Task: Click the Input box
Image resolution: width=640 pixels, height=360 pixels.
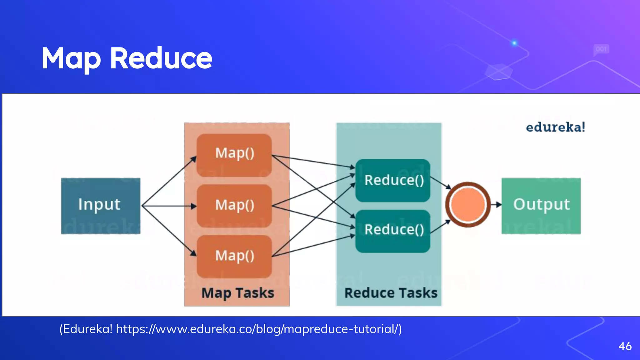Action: pyautogui.click(x=100, y=206)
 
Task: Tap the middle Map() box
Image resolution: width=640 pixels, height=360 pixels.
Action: pyautogui.click(x=234, y=206)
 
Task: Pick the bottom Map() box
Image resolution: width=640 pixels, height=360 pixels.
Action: pyautogui.click(x=234, y=256)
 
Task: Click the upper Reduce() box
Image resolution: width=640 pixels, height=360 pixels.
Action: pyautogui.click(x=393, y=180)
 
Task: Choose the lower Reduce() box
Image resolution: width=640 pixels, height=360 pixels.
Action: pyautogui.click(x=393, y=231)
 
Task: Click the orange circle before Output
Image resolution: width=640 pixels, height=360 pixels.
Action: pyautogui.click(x=467, y=205)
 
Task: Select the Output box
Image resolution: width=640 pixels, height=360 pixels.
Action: pyautogui.click(x=541, y=206)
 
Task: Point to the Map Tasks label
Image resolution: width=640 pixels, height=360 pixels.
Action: pyautogui.click(x=237, y=293)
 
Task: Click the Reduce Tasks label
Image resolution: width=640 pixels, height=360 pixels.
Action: pyautogui.click(x=391, y=293)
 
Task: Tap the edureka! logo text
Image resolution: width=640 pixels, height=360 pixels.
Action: pyautogui.click(x=555, y=127)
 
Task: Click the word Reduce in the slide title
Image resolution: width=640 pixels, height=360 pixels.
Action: pyautogui.click(x=161, y=58)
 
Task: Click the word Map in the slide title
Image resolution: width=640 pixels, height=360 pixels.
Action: pyautogui.click(x=71, y=59)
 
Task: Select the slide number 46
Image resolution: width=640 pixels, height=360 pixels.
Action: pyautogui.click(x=625, y=346)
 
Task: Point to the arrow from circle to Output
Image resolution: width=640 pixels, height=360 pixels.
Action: pyautogui.click(x=496, y=205)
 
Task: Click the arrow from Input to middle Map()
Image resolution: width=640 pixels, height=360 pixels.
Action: pyautogui.click(x=169, y=206)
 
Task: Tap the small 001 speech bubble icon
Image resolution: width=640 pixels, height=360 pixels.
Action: pyautogui.click(x=601, y=49)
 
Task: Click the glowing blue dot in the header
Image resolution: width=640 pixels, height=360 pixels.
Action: pyautogui.click(x=514, y=43)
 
